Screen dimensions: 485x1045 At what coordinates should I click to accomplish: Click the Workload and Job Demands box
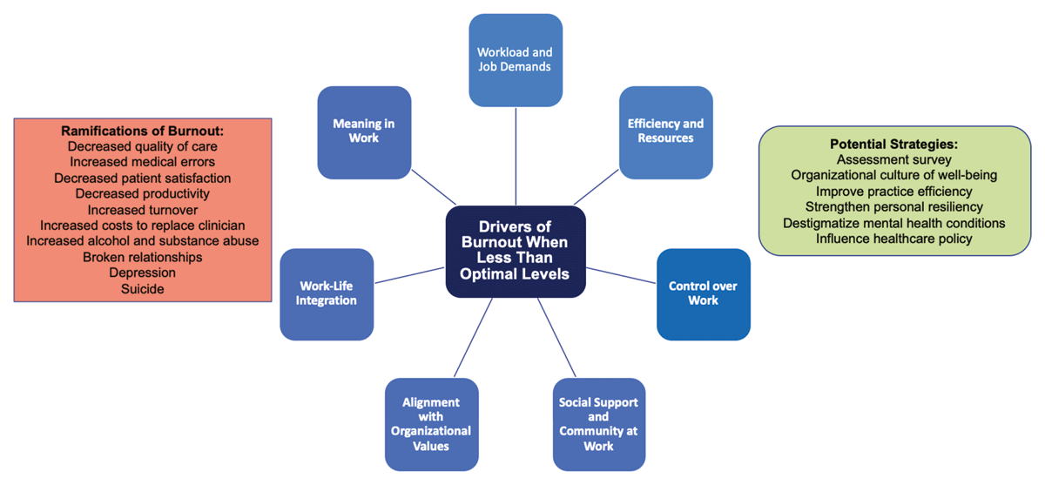tap(516, 59)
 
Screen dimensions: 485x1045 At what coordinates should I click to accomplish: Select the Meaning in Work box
tap(364, 131)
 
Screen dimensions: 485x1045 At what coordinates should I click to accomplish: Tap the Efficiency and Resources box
tap(665, 131)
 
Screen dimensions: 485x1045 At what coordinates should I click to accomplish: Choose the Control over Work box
tap(703, 293)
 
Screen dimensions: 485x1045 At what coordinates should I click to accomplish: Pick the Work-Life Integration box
tap(327, 293)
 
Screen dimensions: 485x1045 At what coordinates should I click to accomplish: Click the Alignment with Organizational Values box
tap(432, 424)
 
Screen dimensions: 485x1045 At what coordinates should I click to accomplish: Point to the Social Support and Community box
tap(598, 424)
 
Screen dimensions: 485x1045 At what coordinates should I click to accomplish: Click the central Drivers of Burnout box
tap(516, 251)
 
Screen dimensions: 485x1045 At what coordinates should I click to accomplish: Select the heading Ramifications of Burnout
tap(143, 131)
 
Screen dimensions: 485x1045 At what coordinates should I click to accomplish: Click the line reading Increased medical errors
tap(143, 162)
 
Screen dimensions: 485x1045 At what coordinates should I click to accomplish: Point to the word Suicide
tap(143, 288)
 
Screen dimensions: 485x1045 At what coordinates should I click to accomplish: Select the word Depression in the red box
tap(143, 273)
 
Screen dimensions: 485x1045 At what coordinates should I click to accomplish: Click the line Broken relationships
tap(143, 257)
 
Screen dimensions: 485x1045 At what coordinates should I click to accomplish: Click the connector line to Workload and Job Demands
tap(516, 157)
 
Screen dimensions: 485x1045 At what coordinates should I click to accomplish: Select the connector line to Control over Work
tap(621, 273)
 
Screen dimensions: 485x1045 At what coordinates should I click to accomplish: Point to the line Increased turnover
tap(143, 210)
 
